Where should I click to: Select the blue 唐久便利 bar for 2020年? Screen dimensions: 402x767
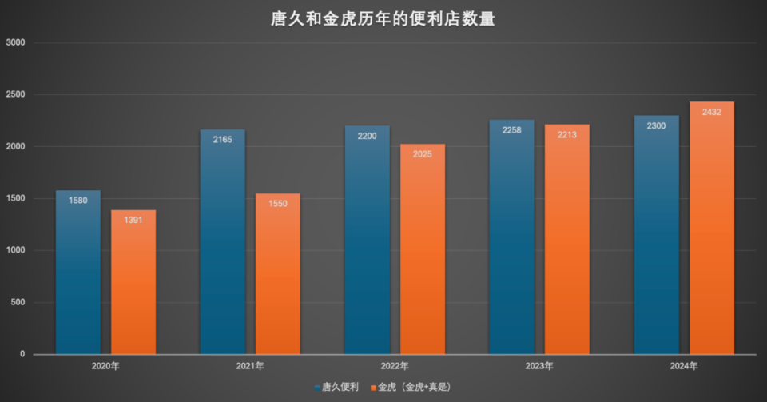[78, 272]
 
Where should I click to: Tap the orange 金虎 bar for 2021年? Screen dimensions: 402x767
[278, 276]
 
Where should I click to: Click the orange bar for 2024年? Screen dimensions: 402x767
[712, 232]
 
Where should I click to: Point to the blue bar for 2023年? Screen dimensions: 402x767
[512, 240]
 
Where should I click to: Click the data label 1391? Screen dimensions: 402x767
[133, 220]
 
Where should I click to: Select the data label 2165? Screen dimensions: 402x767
[223, 140]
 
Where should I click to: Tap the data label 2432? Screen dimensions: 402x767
[712, 113]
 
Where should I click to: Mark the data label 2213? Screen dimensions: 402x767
[567, 135]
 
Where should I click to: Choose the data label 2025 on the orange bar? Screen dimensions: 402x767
[423, 154]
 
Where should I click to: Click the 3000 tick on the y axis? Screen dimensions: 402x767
[16, 42]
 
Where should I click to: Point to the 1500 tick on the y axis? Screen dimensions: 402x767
[16, 198]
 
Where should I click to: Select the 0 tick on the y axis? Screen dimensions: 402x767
[22, 354]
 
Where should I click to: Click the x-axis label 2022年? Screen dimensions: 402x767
[395, 366]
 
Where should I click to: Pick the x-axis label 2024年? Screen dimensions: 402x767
[684, 366]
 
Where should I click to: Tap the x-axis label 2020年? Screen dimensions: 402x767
[105, 366]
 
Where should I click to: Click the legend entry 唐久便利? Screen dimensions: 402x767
[340, 387]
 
